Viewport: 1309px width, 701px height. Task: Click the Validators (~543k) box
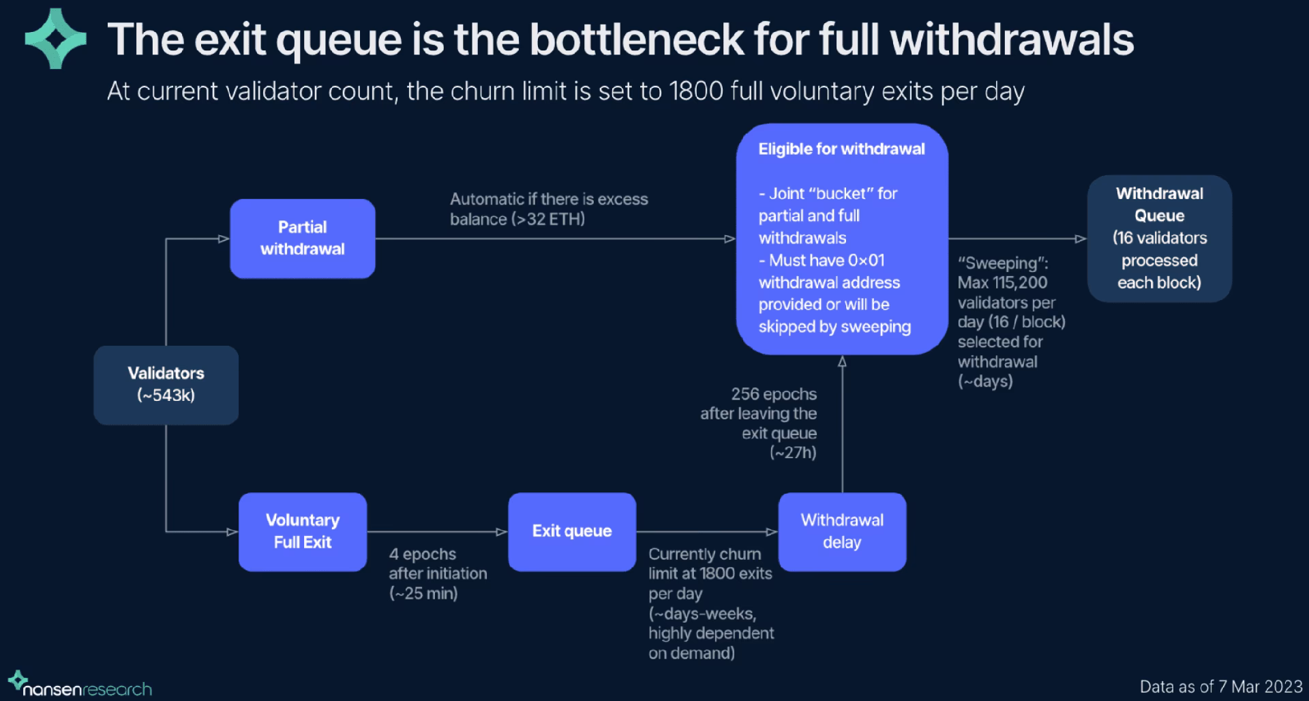click(x=166, y=385)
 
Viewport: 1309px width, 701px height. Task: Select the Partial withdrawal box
click(x=302, y=238)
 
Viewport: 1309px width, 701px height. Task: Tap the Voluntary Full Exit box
click(x=302, y=531)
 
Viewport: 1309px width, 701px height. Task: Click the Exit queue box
click(x=571, y=531)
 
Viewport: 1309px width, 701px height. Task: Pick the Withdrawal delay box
click(x=842, y=531)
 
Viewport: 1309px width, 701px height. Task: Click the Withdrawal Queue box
click(x=1159, y=238)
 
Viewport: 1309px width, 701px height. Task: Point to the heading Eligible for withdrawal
click(x=841, y=149)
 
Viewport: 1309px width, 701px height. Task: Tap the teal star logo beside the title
click(x=55, y=38)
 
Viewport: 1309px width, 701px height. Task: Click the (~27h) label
click(x=793, y=453)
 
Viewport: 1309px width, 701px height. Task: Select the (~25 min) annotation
click(x=423, y=593)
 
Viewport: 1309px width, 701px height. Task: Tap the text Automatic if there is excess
click(x=549, y=199)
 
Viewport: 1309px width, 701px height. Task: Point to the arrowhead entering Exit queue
click(x=502, y=532)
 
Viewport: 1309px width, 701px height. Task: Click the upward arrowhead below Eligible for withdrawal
click(x=842, y=361)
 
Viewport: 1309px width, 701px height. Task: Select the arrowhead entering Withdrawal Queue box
click(x=1081, y=239)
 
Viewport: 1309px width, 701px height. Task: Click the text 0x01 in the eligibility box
click(x=867, y=260)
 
